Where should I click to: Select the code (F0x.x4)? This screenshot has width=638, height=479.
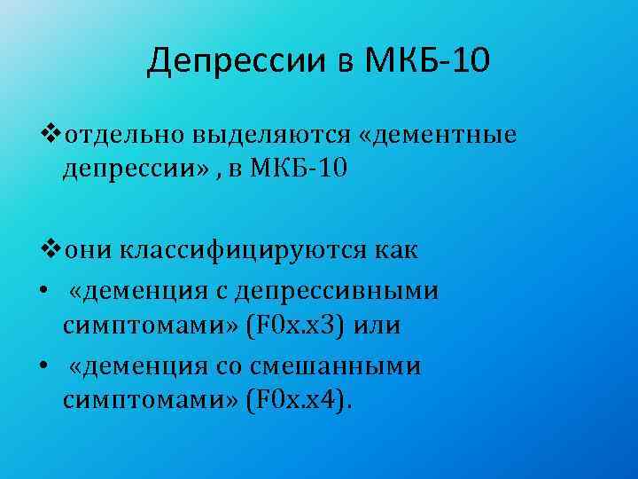pyautogui.click(x=296, y=400)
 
